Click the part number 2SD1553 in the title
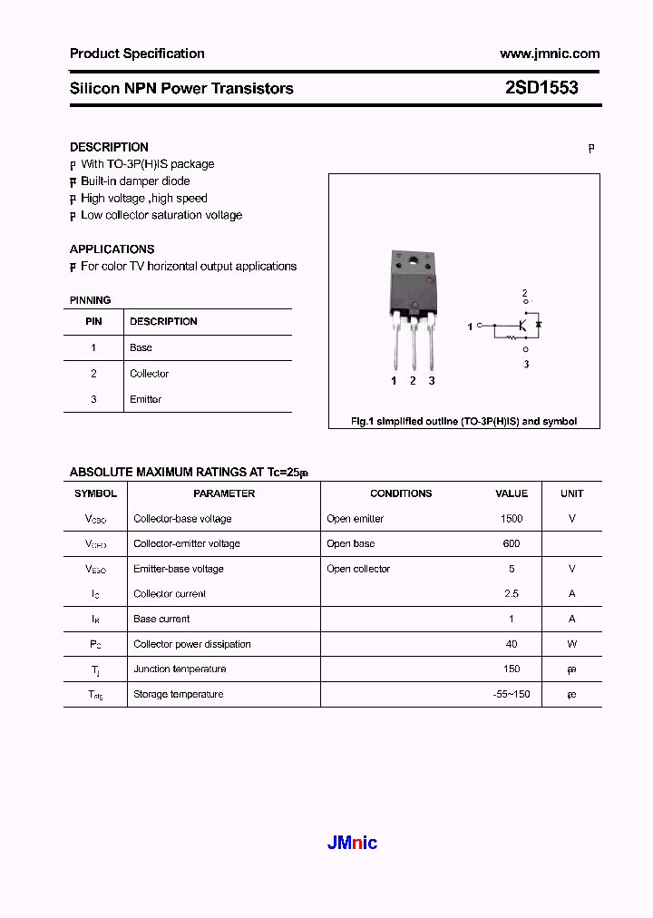(541, 88)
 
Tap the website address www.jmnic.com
(550, 54)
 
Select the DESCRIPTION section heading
(109, 147)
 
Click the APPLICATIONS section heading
(112, 249)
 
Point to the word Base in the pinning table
(141, 347)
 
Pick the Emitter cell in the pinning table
(145, 399)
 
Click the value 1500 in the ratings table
(512, 519)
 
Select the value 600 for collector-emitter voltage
(512, 543)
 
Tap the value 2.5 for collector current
(512, 593)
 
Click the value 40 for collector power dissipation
(512, 644)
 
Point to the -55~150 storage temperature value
(512, 694)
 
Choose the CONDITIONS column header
(401, 493)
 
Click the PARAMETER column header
(224, 493)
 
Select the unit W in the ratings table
(571, 644)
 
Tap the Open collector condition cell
(358, 569)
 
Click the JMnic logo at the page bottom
(352, 843)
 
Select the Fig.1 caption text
(463, 422)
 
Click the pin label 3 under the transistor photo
(432, 381)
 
